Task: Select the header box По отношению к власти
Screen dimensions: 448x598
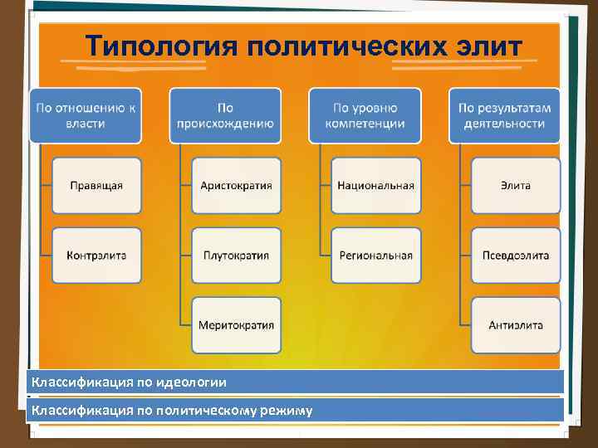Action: click(86, 115)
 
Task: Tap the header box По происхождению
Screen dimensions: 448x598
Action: click(225, 115)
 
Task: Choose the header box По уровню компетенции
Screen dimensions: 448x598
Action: click(365, 115)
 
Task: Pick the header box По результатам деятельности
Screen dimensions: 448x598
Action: click(505, 115)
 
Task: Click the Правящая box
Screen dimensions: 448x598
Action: click(96, 185)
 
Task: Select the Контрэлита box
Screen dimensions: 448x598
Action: click(96, 255)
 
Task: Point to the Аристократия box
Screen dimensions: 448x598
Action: click(236, 185)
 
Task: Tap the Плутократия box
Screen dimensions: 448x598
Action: click(236, 255)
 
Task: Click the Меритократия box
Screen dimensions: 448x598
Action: click(236, 324)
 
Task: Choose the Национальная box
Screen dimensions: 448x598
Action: click(375, 185)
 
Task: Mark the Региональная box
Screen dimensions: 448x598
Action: click(375, 255)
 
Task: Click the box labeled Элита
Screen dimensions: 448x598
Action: click(516, 185)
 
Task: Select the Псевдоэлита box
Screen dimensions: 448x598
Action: click(516, 255)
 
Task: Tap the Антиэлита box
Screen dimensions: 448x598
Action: click(516, 324)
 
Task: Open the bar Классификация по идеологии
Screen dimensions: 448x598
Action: click(295, 382)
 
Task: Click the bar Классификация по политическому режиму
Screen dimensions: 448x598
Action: click(295, 410)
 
